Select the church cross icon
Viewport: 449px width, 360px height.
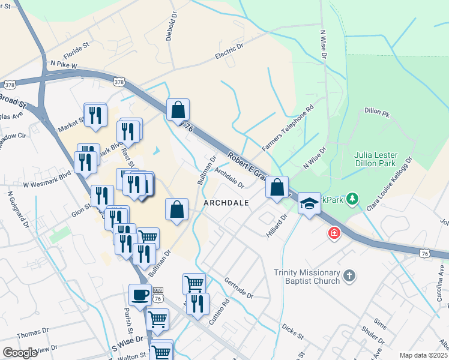coord(349,276)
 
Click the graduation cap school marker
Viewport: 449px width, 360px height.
coord(310,204)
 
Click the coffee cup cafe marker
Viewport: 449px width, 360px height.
coord(140,295)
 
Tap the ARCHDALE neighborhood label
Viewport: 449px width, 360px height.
coord(226,203)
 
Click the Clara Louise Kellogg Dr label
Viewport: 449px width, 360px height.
coord(392,183)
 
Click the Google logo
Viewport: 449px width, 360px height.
coord(20,353)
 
